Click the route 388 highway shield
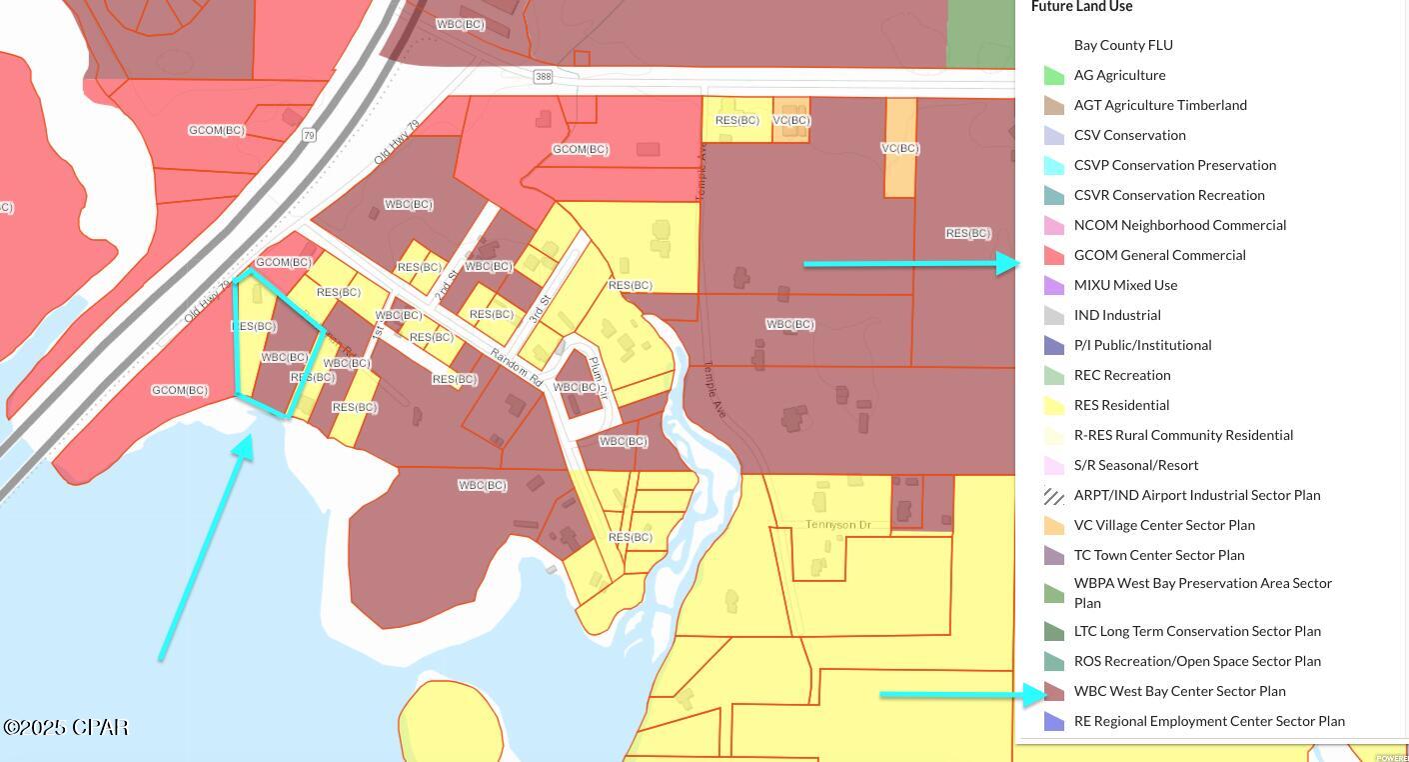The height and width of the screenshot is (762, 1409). point(543,77)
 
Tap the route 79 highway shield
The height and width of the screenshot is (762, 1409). point(310,135)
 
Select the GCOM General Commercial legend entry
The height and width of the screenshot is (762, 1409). point(1159,255)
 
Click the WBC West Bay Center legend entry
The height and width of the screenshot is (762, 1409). point(1179,691)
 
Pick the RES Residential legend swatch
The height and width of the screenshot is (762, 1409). point(1053,405)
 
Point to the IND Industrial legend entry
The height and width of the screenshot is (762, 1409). point(1116,315)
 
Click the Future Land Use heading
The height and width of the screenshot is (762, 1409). point(1081,7)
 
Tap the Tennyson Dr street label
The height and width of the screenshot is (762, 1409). point(838,525)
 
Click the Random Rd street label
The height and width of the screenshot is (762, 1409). point(516,368)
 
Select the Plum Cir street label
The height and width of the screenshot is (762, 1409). point(597,378)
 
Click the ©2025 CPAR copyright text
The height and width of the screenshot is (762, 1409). point(66,727)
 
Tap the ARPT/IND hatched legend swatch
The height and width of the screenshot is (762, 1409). point(1053,495)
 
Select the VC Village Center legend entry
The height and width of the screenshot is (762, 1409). point(1163,525)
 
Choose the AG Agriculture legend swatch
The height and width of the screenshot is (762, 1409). point(1053,75)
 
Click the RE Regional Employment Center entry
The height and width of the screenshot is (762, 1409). point(1208,721)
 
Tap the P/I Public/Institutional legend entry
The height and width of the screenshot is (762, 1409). point(1142,345)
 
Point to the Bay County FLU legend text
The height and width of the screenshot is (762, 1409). point(1123,45)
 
